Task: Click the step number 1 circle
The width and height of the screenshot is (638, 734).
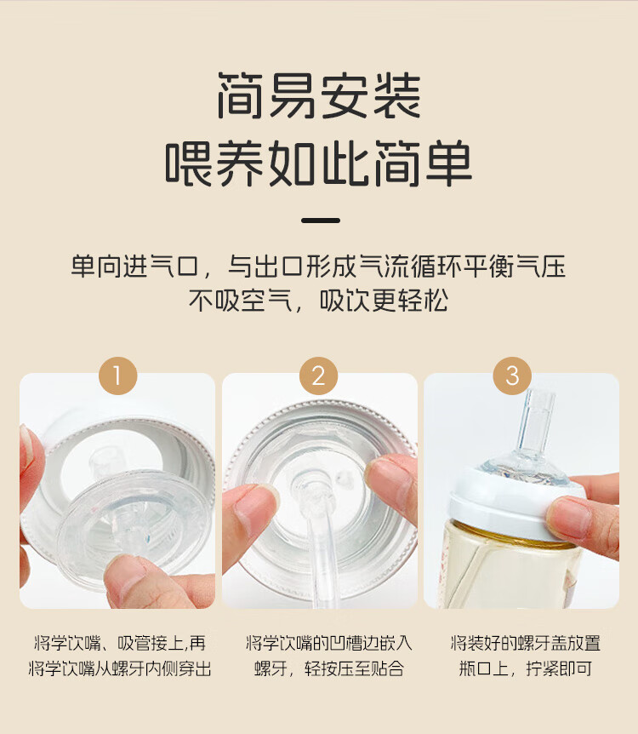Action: (117, 376)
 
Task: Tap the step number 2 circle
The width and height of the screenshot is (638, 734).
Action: (318, 376)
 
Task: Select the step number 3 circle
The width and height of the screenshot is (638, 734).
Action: (512, 376)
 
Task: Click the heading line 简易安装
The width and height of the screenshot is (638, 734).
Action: (319, 95)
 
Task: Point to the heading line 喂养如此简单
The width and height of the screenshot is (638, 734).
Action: (319, 163)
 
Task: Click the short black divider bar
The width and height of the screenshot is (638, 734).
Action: (321, 220)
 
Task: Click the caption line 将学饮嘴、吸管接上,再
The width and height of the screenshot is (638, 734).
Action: (120, 643)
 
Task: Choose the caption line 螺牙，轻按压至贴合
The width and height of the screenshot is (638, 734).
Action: (329, 668)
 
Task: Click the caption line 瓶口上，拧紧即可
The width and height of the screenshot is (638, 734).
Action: (525, 668)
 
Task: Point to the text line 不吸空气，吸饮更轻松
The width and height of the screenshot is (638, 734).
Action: (318, 300)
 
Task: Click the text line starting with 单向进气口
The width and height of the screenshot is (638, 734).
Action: (318, 266)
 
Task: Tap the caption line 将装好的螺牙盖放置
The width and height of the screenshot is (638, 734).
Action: (525, 643)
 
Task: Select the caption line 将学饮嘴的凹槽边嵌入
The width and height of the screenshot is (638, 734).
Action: (329, 643)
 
